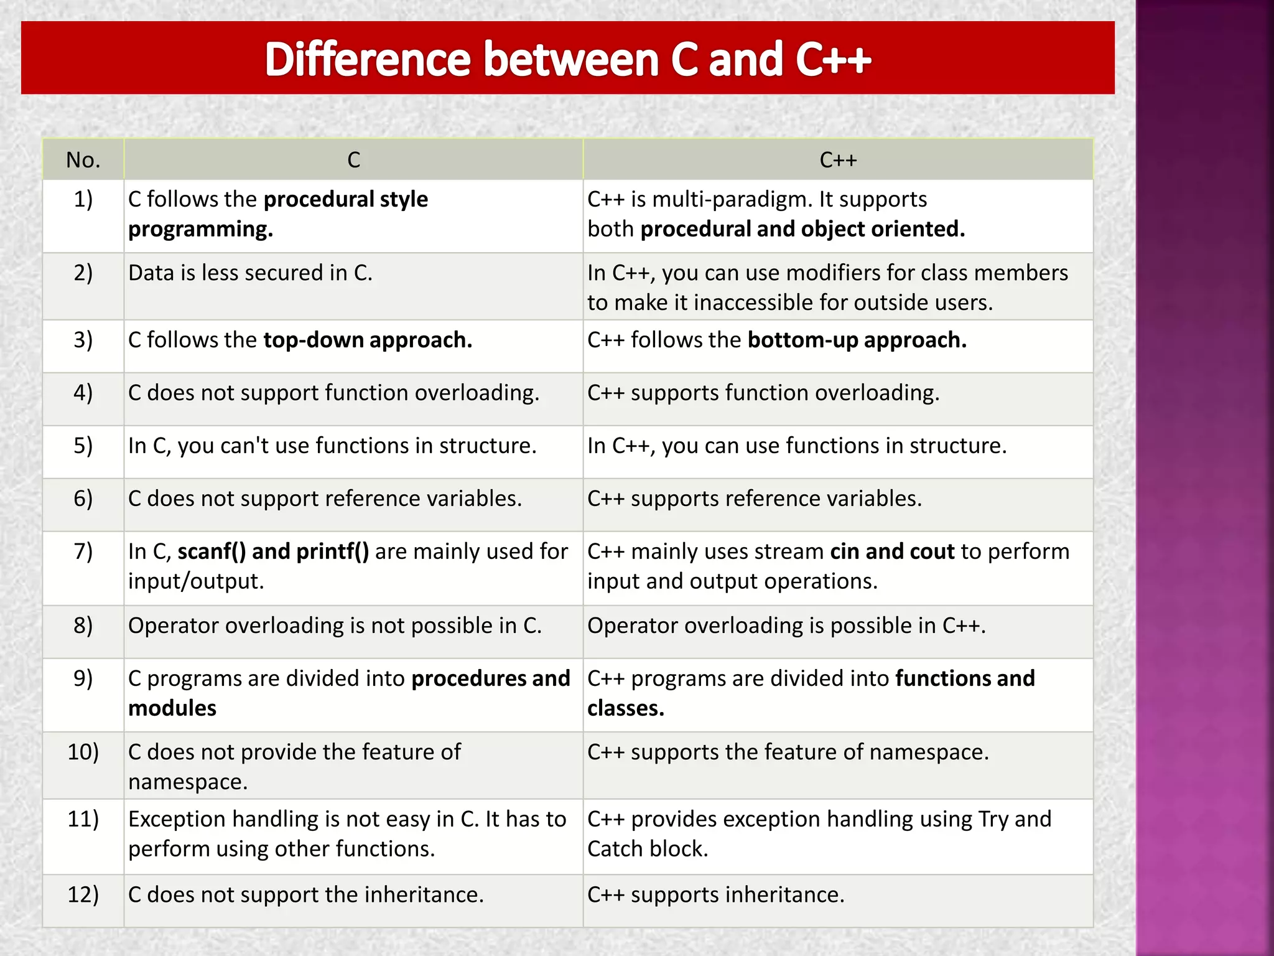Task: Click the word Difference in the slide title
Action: coord(367,60)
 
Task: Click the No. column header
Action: coord(83,160)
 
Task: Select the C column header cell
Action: coord(353,160)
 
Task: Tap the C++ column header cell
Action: coord(837,160)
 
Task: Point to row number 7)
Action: coord(83,551)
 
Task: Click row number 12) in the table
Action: coord(83,894)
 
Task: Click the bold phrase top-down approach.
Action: coord(368,340)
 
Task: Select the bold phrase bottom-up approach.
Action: coord(857,340)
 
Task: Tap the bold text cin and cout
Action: coord(891,551)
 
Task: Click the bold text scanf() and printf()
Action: coord(273,551)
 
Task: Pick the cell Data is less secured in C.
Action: coord(250,273)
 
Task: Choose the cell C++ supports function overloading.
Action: coord(763,393)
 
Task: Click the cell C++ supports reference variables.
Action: coord(754,499)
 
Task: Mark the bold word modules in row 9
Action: coord(172,708)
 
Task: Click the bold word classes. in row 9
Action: coord(625,708)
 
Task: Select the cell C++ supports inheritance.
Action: coord(715,895)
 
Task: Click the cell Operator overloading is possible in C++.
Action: coord(786,626)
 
